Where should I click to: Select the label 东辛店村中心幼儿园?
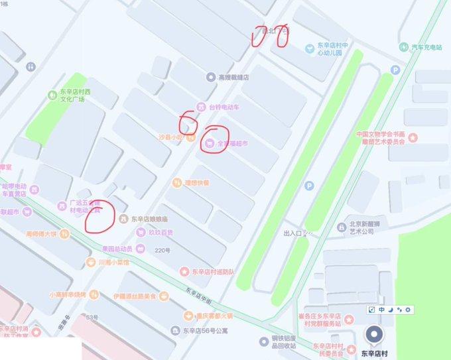pyautogui.click(x=332, y=49)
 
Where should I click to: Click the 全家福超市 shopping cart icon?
pyautogui.click(x=209, y=143)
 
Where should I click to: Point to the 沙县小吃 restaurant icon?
pyautogui.click(x=190, y=139)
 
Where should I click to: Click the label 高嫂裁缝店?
pyautogui.click(x=233, y=77)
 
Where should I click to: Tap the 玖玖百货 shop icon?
pyautogui.click(x=141, y=233)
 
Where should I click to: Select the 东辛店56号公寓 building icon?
pyautogui.click(x=174, y=330)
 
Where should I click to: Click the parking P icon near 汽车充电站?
pyautogui.click(x=396, y=70)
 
